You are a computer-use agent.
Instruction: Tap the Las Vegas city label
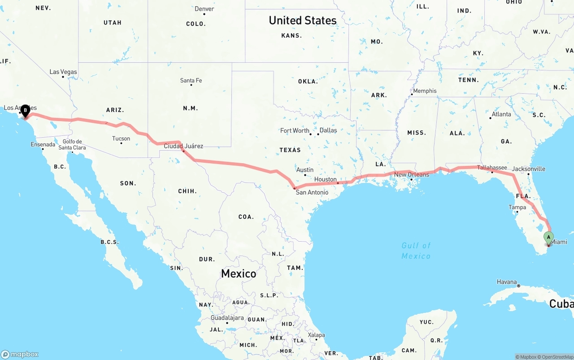point(63,72)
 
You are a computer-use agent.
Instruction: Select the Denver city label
point(204,9)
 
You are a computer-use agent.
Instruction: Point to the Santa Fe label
point(191,81)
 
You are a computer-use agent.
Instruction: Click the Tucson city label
point(121,139)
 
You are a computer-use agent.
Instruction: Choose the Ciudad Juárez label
point(183,146)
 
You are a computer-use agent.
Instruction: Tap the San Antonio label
point(312,192)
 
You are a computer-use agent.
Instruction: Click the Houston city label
point(326,179)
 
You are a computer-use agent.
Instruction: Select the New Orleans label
point(412,174)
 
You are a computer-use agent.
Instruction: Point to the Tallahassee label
point(492,168)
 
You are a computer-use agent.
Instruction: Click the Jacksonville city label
point(529,169)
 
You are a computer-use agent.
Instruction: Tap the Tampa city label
point(517,207)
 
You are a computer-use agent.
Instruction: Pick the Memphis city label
point(425,91)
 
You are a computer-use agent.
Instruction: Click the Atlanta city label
point(501,114)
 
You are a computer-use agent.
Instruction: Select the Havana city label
point(507,282)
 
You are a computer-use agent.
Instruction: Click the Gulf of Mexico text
point(416,251)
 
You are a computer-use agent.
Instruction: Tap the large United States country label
point(303,20)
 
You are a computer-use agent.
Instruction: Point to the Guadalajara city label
point(227,318)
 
